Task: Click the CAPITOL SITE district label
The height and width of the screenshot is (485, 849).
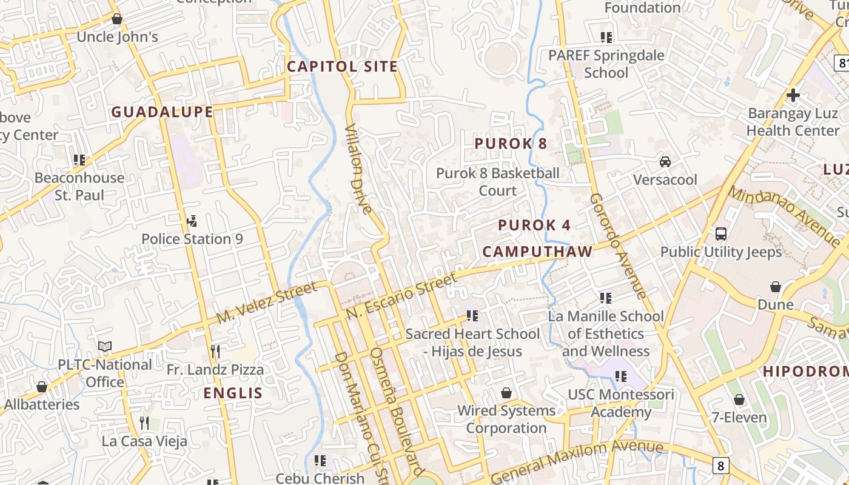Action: coord(342,67)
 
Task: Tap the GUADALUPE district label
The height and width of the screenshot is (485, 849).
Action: coord(162,112)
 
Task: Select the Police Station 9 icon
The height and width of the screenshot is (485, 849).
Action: coord(192,221)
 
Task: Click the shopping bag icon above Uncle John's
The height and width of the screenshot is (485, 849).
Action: coord(117,19)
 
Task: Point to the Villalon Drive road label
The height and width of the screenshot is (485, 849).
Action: coord(358,170)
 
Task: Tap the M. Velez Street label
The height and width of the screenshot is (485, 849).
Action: coord(267,303)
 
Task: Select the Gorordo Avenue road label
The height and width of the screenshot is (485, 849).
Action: coord(619,246)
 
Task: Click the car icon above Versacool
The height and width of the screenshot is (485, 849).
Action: coord(665,162)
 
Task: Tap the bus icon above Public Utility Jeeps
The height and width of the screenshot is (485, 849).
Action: coord(721,234)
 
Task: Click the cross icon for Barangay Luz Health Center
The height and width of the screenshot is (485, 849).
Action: coord(793,95)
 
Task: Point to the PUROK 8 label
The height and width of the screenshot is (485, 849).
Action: coord(511,144)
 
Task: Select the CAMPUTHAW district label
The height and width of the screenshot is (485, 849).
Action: coord(537,252)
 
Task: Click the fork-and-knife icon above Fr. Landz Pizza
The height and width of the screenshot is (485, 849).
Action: coord(215,352)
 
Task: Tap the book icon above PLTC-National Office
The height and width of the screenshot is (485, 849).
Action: coord(105,347)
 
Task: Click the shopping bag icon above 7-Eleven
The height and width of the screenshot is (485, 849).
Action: coord(739,400)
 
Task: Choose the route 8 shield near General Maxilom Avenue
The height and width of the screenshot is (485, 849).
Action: coord(720,466)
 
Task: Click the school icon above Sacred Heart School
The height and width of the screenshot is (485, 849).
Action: coord(472,316)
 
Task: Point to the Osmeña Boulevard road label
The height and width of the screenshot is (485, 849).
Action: coord(397,412)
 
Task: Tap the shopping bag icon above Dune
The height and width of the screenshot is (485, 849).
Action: coord(775,287)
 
